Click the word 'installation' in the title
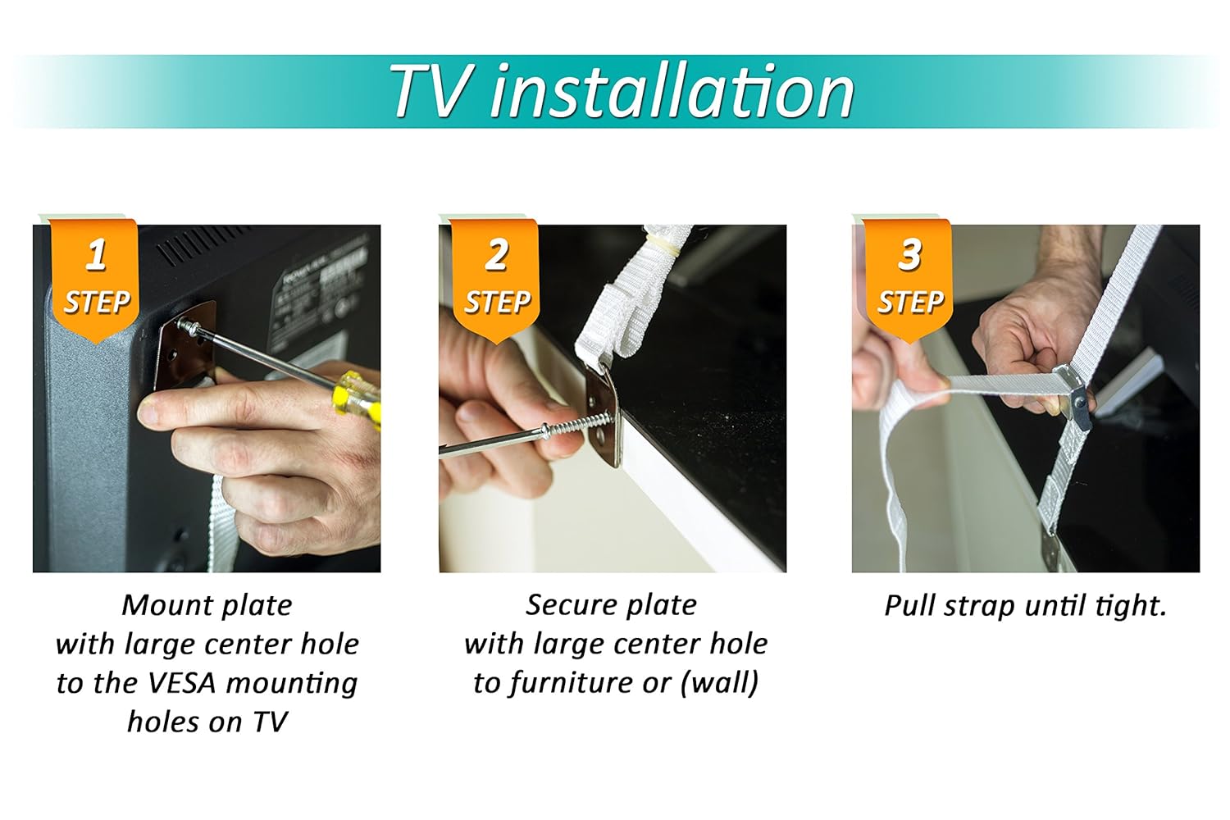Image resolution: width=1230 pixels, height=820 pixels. [x=672, y=92]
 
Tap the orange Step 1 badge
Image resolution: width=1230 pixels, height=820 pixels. [x=96, y=279]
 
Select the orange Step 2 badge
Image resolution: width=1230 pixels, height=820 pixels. [x=496, y=279]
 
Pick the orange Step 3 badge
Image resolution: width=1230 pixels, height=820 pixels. [x=909, y=279]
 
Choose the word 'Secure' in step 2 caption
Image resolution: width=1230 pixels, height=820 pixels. [x=567, y=605]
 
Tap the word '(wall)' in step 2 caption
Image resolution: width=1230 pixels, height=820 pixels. [x=719, y=683]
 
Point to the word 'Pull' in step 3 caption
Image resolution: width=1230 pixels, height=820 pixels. [x=910, y=605]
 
